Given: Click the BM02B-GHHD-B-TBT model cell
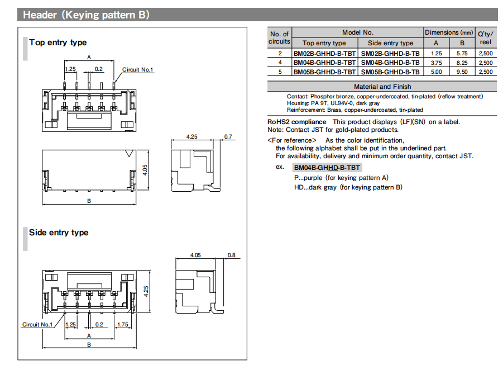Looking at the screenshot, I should click(x=324, y=54).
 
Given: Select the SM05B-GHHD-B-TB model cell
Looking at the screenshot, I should click(x=390, y=72).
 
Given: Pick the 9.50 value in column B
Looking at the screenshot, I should click(x=462, y=72).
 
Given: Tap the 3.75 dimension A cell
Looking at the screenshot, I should click(x=436, y=63).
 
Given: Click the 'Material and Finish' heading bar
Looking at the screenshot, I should click(x=382, y=87).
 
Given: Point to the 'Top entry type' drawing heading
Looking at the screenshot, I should click(x=58, y=42).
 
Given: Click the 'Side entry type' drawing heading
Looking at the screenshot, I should click(x=59, y=233).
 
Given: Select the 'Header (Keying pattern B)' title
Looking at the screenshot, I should click(x=86, y=15).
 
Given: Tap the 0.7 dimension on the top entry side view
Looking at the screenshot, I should click(x=228, y=136).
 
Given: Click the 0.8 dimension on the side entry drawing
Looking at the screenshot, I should click(x=231, y=255).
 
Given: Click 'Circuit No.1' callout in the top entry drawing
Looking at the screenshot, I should click(x=138, y=70).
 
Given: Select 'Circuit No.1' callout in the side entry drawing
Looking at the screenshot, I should click(x=37, y=324).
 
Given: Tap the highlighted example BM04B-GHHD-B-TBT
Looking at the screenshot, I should click(x=327, y=167).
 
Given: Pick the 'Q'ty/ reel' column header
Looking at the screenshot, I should click(x=485, y=37).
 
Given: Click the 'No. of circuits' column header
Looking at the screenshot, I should click(x=279, y=37).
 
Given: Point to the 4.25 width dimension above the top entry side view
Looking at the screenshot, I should click(x=192, y=136).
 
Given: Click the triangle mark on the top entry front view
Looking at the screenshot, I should click(x=130, y=153).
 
